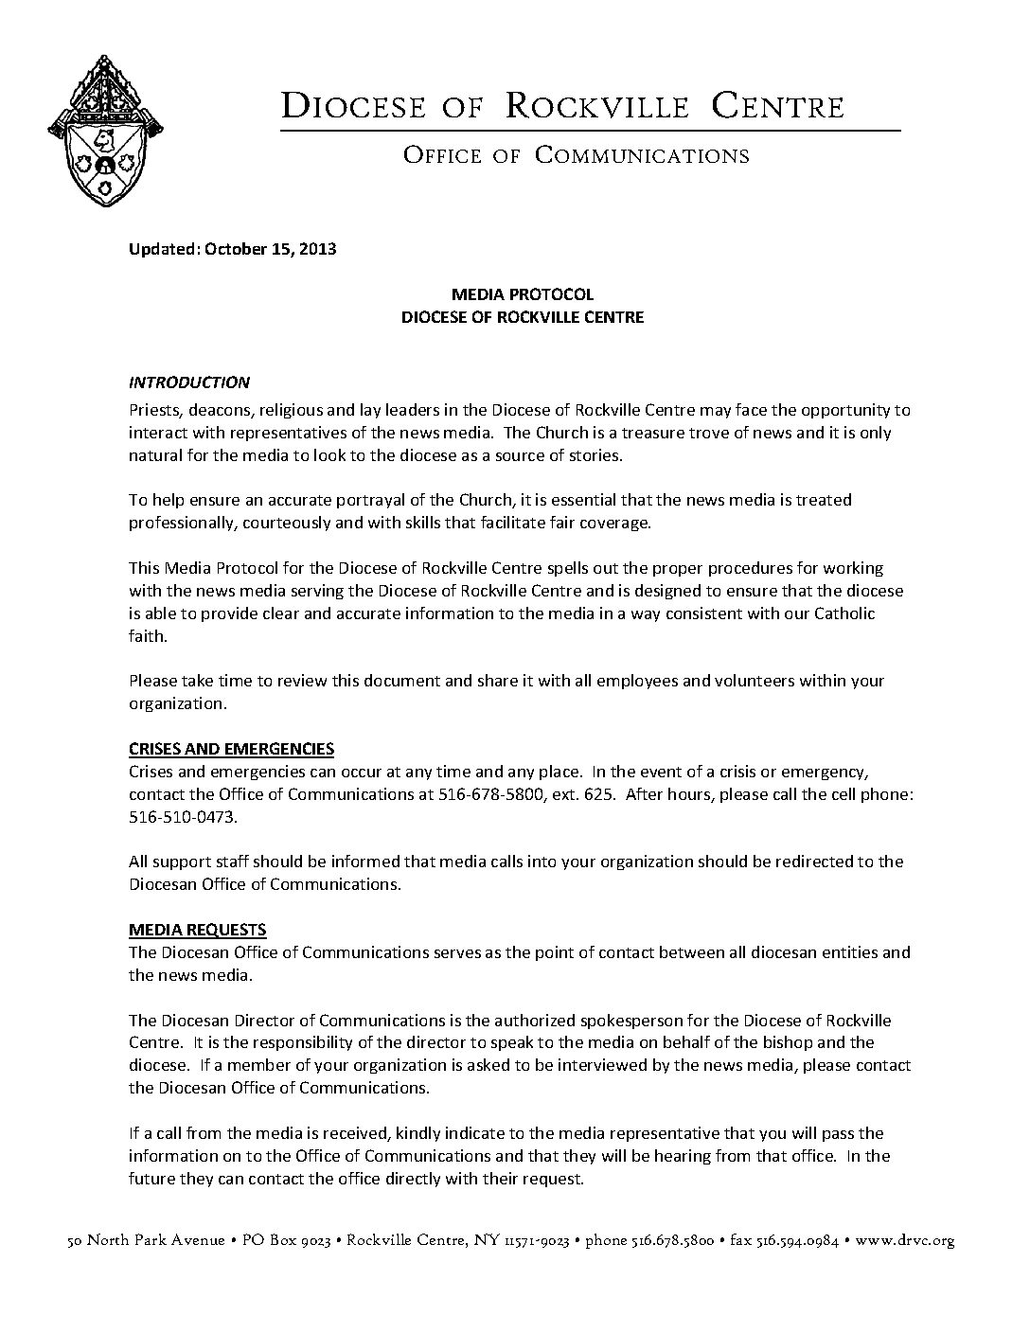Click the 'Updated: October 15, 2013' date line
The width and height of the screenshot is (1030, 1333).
pyautogui.click(x=232, y=249)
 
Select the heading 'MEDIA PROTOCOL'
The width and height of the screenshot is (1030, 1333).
pyautogui.click(x=522, y=294)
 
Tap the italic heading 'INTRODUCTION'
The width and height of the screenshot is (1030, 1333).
pyautogui.click(x=189, y=382)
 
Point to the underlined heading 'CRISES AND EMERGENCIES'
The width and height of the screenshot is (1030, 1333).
pyautogui.click(x=231, y=749)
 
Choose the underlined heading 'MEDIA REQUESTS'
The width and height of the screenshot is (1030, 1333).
pyautogui.click(x=197, y=930)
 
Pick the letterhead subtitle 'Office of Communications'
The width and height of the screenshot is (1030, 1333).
pyautogui.click(x=576, y=155)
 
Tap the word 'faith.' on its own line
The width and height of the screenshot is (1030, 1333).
pyautogui.click(x=148, y=636)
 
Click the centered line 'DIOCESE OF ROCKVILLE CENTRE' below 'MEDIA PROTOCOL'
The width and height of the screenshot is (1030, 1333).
pyautogui.click(x=522, y=317)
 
